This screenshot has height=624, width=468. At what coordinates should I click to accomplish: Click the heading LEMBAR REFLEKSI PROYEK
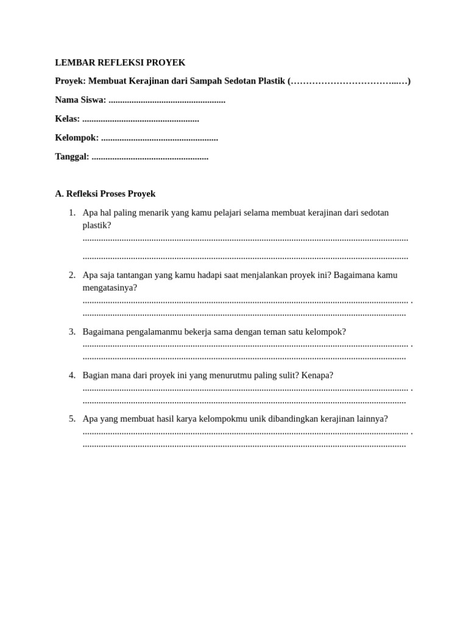pyautogui.click(x=120, y=63)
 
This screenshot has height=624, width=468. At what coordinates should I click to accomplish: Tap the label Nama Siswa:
pyautogui.click(x=80, y=100)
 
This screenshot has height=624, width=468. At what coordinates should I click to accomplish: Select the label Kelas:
pyautogui.click(x=67, y=119)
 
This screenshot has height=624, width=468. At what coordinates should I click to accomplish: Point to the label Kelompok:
pyautogui.click(x=77, y=138)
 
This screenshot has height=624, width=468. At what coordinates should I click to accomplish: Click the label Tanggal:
pyautogui.click(x=72, y=157)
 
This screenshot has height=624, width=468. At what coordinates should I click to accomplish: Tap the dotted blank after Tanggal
pyautogui.click(x=150, y=157)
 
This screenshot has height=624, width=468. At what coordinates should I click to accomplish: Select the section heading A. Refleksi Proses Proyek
pyautogui.click(x=105, y=194)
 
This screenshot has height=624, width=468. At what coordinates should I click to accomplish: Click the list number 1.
pyautogui.click(x=72, y=213)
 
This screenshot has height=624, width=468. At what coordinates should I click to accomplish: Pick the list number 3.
pyautogui.click(x=72, y=331)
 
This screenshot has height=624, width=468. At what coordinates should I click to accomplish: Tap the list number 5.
pyautogui.click(x=72, y=419)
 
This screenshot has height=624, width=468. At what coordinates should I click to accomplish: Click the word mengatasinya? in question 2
pyautogui.click(x=110, y=288)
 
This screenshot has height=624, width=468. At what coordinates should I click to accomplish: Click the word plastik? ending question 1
pyautogui.click(x=97, y=225)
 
